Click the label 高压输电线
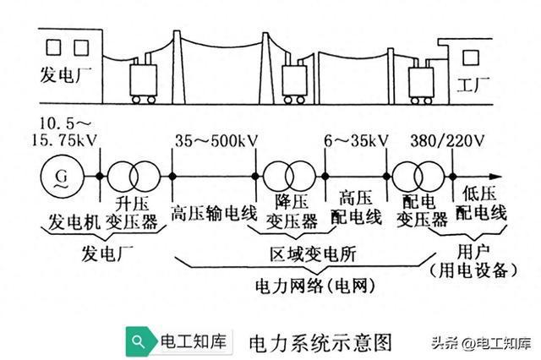point(213,213)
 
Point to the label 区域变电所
point(300,253)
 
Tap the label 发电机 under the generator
point(72,221)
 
